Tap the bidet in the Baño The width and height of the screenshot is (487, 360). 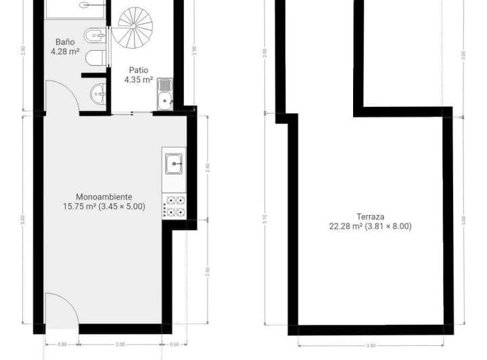coord(93,35)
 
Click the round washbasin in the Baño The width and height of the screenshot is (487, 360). coord(99,94)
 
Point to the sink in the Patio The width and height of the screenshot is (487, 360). coord(165,95)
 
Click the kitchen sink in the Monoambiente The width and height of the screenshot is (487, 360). coord(175,163)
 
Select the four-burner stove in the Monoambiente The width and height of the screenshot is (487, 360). coord(175,206)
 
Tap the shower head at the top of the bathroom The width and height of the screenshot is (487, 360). coord(85,5)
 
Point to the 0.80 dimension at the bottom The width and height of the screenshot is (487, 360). coord(62,344)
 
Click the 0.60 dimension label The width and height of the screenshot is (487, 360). coord(175,344)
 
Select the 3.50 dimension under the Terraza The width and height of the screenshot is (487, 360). coord(370,345)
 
